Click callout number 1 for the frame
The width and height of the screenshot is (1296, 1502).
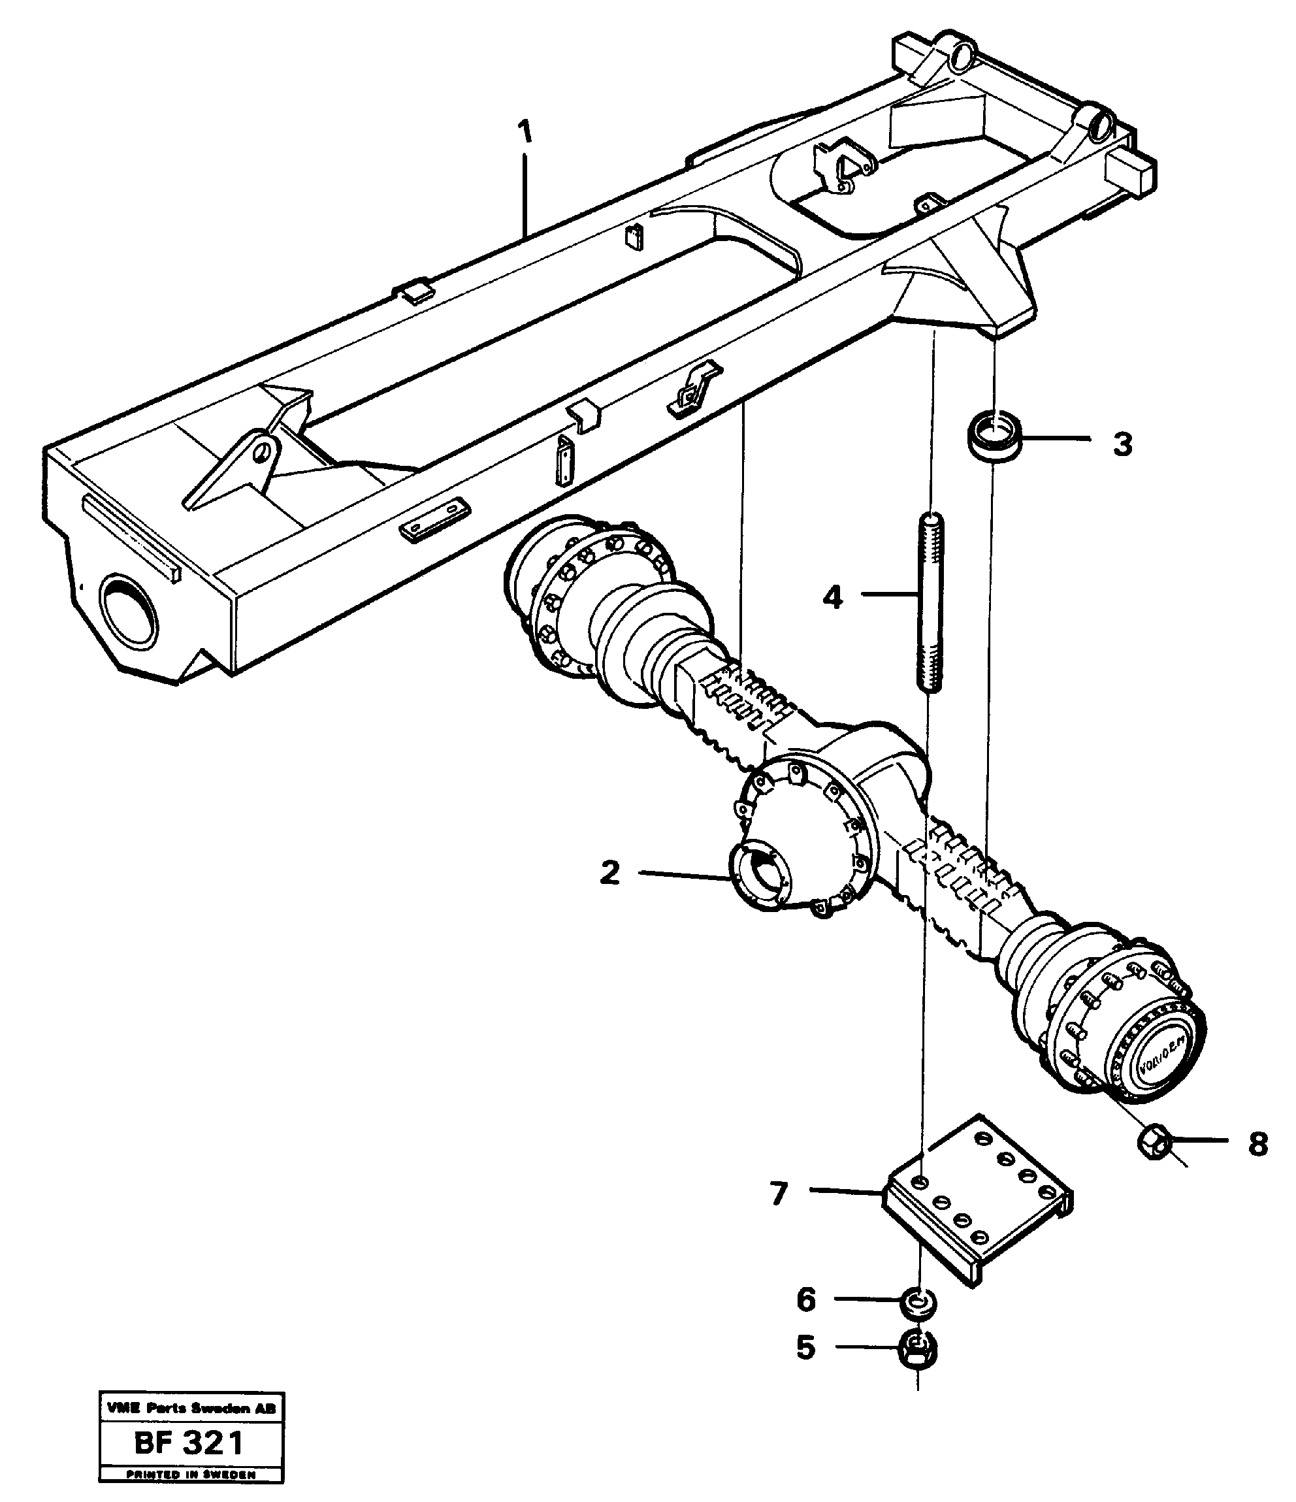point(525,133)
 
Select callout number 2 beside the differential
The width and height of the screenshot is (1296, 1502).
point(609,873)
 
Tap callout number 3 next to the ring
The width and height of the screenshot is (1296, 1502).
point(1122,444)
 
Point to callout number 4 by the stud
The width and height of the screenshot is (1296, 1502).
point(833,598)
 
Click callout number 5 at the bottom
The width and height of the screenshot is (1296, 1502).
point(805,1348)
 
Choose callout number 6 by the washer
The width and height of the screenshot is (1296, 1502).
point(806,1299)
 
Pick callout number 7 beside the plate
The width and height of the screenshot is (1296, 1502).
point(779,1194)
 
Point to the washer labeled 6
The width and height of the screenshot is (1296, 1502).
point(918,1303)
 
